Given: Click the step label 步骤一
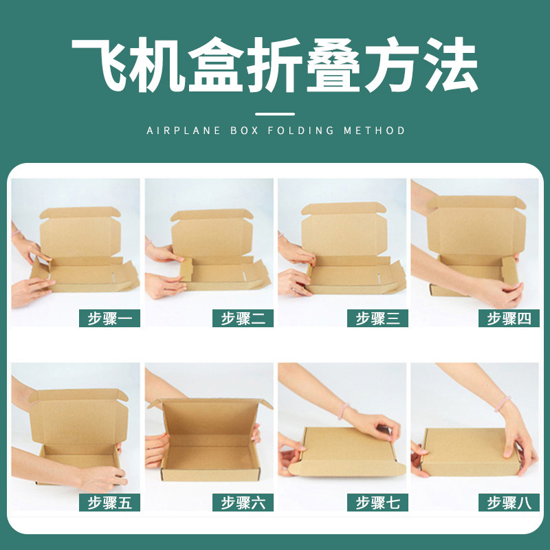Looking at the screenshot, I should coord(110,318).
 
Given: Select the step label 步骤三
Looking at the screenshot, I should coord(377,318).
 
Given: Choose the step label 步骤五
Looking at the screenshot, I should coord(110,503).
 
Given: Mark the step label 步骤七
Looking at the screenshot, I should coord(377,503).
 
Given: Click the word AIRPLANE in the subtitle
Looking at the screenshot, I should coord(181,130).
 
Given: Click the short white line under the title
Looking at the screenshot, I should coord(275,113).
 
